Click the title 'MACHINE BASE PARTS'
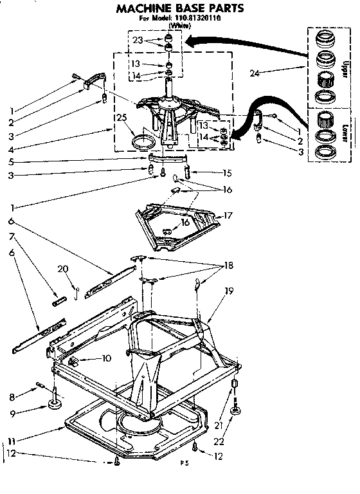(x=179, y=9)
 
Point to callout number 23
(x=138, y=40)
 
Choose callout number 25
(x=122, y=117)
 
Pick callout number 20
(x=63, y=269)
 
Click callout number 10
(x=106, y=358)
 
